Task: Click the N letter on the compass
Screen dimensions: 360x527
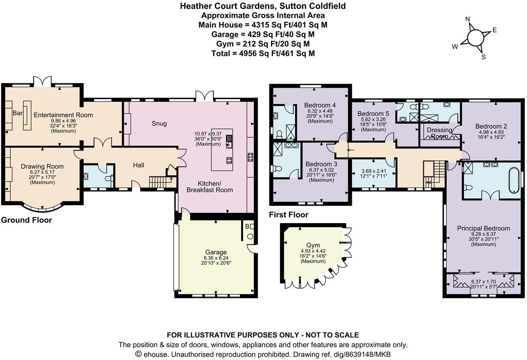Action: coord(467,19)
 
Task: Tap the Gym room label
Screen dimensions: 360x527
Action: coord(313,245)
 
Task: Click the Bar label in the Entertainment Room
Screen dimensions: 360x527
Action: coord(18,113)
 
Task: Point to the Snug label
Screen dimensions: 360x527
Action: coord(159,124)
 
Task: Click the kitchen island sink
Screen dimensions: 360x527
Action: coord(229,141)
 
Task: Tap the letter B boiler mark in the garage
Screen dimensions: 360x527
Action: coord(247,226)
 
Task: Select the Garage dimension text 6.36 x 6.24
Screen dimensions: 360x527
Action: coord(216,258)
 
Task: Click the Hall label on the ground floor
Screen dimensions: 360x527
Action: coord(138,165)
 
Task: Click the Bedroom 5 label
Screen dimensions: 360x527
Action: coord(373,113)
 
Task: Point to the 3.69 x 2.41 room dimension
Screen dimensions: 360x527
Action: coord(373,171)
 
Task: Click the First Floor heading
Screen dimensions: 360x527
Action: coord(289,215)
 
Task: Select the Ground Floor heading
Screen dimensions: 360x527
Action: coord(26,220)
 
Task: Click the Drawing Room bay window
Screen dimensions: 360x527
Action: coord(43,208)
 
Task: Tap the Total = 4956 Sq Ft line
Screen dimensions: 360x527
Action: coord(263,53)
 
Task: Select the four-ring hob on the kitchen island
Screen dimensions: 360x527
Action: coord(229,160)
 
